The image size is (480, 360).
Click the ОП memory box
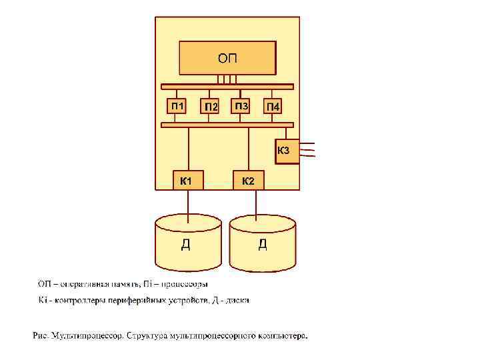click(227, 58)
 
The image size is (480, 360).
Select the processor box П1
click(177, 106)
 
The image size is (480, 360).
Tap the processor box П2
click(211, 107)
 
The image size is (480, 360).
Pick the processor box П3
click(241, 106)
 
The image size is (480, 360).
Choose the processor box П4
click(273, 107)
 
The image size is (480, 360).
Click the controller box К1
click(187, 180)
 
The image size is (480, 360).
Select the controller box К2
click(248, 180)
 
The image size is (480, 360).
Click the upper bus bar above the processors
click(227, 86)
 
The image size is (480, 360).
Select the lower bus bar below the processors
click(227, 125)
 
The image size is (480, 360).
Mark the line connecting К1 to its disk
click(187, 203)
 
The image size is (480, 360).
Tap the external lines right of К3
click(308, 150)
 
